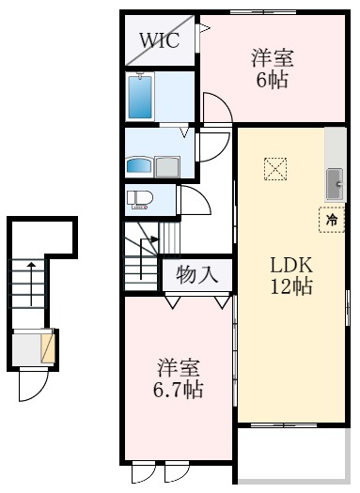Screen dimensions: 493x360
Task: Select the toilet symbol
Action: click(140, 200)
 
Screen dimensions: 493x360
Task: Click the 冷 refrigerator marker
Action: click(332, 219)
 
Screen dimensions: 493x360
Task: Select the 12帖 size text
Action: click(291, 288)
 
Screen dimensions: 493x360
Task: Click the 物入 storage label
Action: click(198, 276)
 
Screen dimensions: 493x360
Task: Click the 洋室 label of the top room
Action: click(273, 57)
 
